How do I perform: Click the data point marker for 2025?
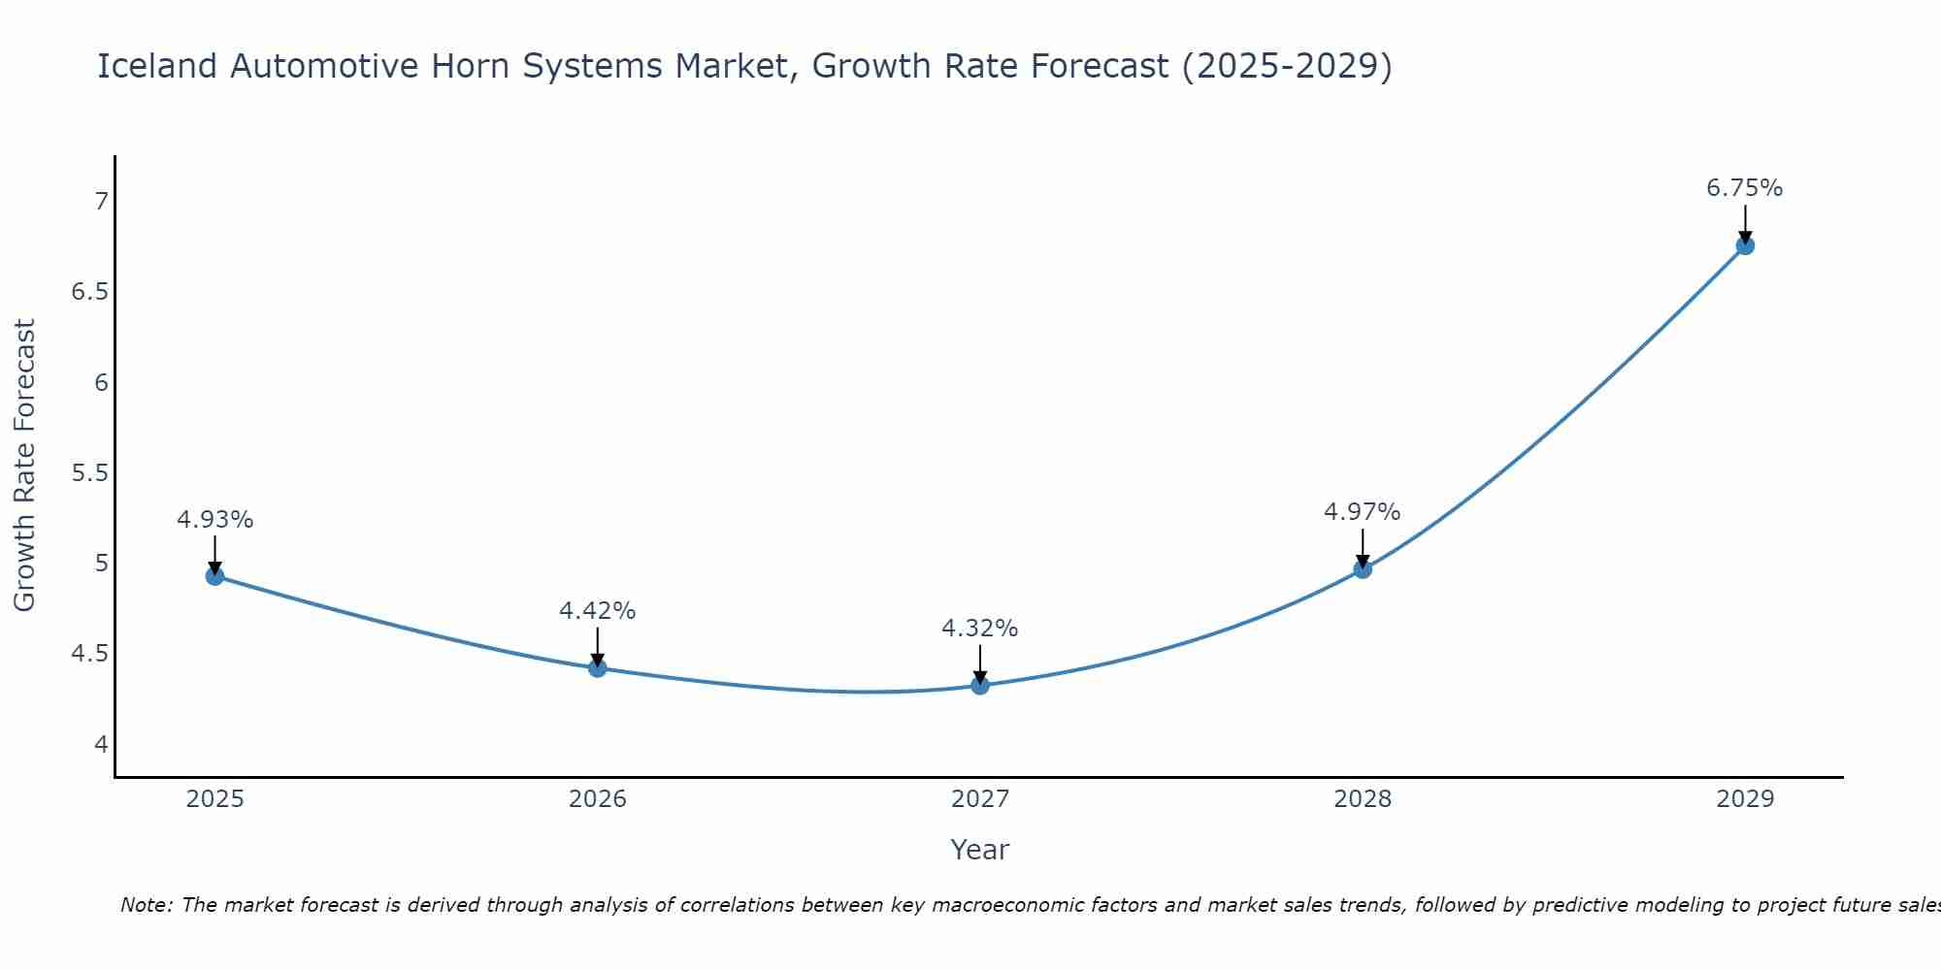click(214, 576)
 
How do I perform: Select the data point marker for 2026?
click(597, 668)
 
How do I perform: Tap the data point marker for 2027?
click(979, 686)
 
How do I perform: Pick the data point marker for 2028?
click(1362, 568)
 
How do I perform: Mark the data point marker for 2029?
click(1744, 245)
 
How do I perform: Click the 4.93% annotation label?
click(214, 520)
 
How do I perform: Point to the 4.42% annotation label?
click(597, 611)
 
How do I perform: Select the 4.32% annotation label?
click(979, 629)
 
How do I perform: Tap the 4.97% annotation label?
click(1362, 512)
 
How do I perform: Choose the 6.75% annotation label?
click(1744, 188)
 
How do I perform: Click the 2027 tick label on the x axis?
click(979, 799)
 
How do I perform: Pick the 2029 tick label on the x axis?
click(1744, 799)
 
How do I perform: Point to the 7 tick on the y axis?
click(101, 202)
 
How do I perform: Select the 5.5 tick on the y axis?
click(90, 473)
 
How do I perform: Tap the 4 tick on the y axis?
click(101, 745)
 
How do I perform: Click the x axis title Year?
click(979, 850)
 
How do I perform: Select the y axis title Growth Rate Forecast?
click(24, 466)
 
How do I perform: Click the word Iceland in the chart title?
click(157, 66)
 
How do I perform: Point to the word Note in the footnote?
click(145, 905)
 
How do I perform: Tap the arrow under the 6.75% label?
click(1744, 224)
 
